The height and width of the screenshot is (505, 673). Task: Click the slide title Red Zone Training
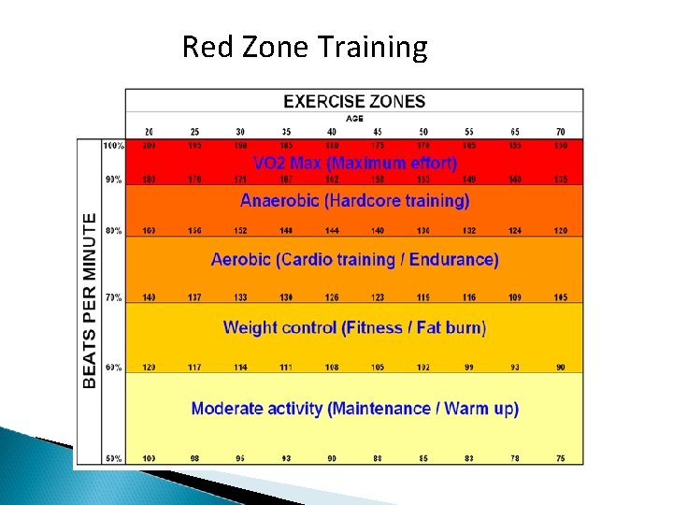tap(304, 46)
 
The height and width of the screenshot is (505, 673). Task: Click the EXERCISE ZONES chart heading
tap(354, 102)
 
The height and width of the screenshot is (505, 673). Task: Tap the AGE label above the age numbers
tap(354, 119)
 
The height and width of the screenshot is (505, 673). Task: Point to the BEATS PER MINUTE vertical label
tap(90, 300)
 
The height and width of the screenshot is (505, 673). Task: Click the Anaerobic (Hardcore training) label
tap(355, 200)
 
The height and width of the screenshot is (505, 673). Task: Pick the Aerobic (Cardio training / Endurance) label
tap(355, 259)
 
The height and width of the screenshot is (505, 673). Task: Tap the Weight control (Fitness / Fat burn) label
tap(355, 327)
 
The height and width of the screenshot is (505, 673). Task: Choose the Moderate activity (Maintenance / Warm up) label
tap(355, 409)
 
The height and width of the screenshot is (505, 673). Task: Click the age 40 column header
tap(332, 131)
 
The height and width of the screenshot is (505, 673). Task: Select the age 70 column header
tap(561, 131)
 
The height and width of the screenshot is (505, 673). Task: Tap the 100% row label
tap(113, 146)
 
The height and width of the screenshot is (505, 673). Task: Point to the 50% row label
tap(113, 458)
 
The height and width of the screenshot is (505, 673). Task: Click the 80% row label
tap(113, 231)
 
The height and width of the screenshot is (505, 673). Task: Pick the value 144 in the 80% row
tap(332, 231)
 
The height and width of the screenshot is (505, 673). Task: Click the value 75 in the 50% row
tap(561, 458)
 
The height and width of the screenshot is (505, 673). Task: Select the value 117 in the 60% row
tap(194, 368)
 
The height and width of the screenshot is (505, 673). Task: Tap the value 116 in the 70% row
tap(469, 297)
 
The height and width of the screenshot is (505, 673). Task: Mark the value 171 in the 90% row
tap(240, 179)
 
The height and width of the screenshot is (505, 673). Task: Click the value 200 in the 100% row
tap(149, 146)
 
